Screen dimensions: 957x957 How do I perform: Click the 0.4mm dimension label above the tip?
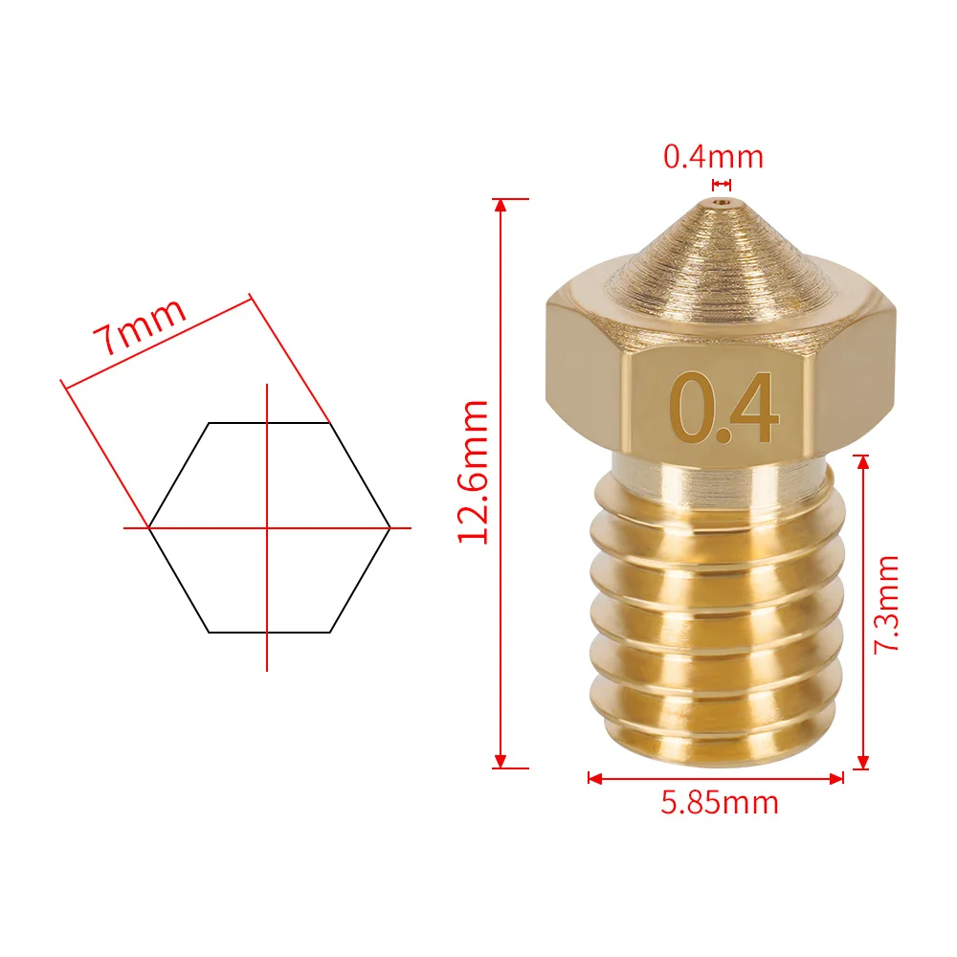pos(714,156)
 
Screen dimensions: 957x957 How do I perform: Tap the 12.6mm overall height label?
pos(474,472)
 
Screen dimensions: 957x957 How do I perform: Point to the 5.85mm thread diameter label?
pos(720,802)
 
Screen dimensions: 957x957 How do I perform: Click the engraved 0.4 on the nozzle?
pos(726,409)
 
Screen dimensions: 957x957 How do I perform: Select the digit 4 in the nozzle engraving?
pos(753,409)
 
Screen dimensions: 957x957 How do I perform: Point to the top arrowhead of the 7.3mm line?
pos(863,461)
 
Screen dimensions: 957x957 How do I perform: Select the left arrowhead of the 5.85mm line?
pos(593,778)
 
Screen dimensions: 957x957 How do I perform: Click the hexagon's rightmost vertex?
pos(389,527)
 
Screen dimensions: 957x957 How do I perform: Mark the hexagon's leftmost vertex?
pos(149,527)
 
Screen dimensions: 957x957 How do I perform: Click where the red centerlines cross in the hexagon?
pos(267,527)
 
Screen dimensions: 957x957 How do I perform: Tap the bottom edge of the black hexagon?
pos(269,632)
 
